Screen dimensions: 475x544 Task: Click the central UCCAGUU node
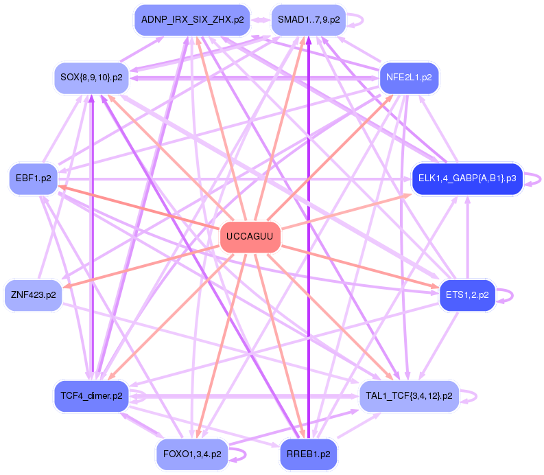(x=250, y=237)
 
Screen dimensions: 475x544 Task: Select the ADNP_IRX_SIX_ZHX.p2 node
(x=192, y=20)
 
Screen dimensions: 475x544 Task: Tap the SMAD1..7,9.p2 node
(x=308, y=20)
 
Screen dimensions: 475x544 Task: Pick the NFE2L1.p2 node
(x=409, y=77)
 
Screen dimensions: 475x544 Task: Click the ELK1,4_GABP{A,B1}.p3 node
(x=466, y=179)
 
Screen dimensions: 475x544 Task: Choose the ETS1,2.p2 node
(x=466, y=295)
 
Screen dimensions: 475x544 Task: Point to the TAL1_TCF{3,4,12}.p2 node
(x=409, y=396)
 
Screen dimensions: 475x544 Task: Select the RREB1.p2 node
(x=308, y=454)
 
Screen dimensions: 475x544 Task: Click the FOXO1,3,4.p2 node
(x=192, y=454)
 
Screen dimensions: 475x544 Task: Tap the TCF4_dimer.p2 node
(x=91, y=396)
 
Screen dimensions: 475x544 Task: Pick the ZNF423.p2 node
(x=33, y=295)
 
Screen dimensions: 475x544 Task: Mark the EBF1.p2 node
(x=33, y=179)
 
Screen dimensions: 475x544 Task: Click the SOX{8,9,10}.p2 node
(x=91, y=77)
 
